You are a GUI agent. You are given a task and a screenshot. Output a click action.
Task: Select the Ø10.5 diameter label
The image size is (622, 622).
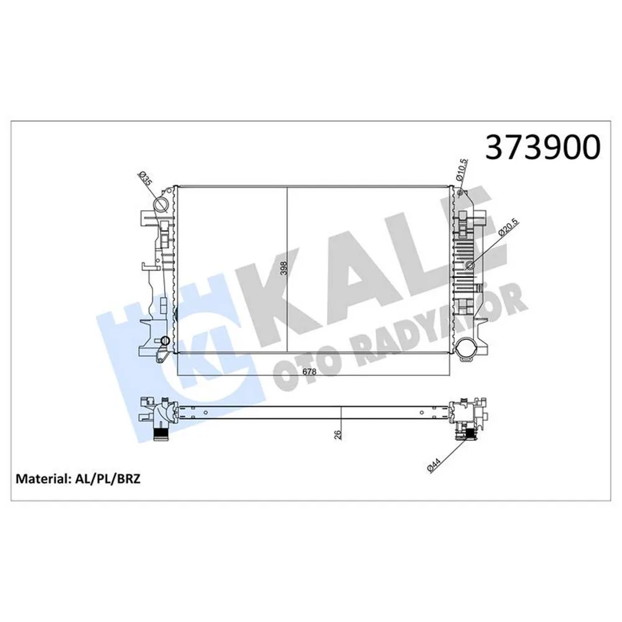pos(460,169)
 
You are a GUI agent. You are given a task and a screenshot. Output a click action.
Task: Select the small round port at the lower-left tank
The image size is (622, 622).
pos(165,341)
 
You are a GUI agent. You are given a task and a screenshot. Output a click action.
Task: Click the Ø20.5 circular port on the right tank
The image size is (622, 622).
pos(470,267)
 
